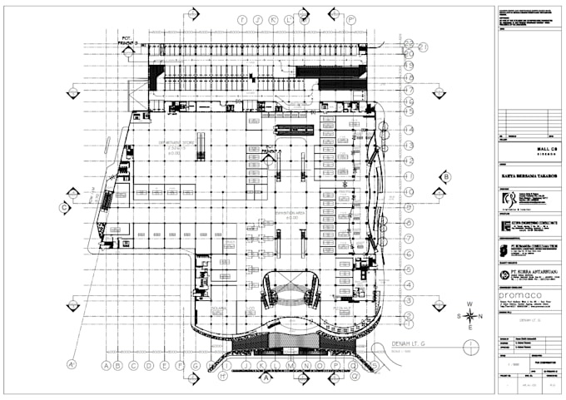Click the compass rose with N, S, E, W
470,315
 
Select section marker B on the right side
446,176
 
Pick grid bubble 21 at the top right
409,45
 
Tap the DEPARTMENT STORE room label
176,143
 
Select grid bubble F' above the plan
242,18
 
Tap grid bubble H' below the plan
223,376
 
